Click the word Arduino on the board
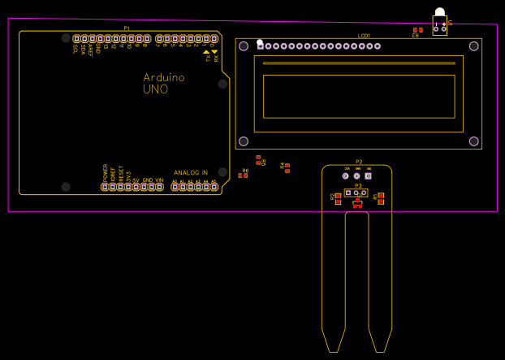point(164,78)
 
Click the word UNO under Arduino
point(156,89)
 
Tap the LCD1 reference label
point(364,36)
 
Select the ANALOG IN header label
point(191,173)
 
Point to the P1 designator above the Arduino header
point(127,28)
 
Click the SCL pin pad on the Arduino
point(77,38)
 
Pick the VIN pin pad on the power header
point(160,187)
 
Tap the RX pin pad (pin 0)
point(215,38)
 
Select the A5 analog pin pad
point(214,187)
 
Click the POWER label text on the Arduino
point(106,172)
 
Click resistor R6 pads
point(243,176)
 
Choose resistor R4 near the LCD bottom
point(287,167)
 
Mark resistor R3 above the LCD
point(417,30)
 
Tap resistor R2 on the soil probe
point(338,198)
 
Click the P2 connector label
point(358,162)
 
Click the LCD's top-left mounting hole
point(244,46)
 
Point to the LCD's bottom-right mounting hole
point(474,141)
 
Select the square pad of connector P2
point(368,176)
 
